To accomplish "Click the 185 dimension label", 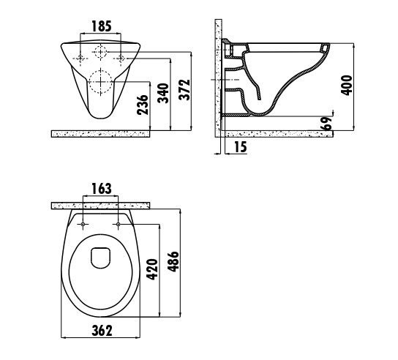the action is click(101, 26).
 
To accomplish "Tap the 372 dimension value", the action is click(184, 90).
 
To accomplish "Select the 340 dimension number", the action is click(163, 93).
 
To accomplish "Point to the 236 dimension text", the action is click(143, 105).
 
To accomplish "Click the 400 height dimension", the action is click(347, 86).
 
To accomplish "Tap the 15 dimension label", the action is click(240, 147).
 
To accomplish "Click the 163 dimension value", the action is click(101, 188).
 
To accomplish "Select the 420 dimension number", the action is click(152, 269).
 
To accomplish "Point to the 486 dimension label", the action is click(173, 261).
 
